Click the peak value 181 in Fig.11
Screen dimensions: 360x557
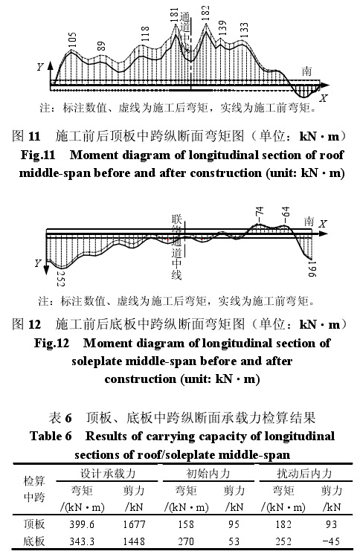(174, 16)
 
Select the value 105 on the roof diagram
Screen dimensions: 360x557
(72, 40)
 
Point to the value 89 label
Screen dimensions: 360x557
(101, 46)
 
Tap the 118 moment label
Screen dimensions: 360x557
(144, 33)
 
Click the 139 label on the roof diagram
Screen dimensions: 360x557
(222, 28)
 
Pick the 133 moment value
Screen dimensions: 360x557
(244, 30)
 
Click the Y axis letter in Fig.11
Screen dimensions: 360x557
(40, 67)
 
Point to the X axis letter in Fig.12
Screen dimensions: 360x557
(323, 224)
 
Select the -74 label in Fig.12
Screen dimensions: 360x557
(260, 215)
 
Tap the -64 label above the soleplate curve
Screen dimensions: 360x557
(286, 213)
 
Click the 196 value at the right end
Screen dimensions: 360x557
(312, 269)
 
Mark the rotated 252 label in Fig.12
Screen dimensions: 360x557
(60, 278)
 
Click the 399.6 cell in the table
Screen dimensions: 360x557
(82, 524)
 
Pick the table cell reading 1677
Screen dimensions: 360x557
(134, 524)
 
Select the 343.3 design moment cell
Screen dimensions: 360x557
(82, 541)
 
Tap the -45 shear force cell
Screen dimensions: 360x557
(331, 541)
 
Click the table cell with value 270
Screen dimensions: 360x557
(186, 541)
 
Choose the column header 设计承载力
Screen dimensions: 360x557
(108, 473)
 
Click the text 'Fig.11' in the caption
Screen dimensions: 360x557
(38, 155)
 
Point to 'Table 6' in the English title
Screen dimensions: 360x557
(51, 436)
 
